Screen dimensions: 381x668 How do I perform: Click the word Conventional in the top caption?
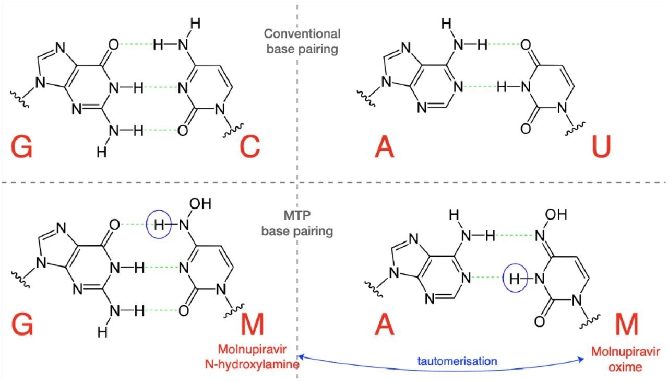302,34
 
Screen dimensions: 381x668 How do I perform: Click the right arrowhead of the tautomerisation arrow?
583,359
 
